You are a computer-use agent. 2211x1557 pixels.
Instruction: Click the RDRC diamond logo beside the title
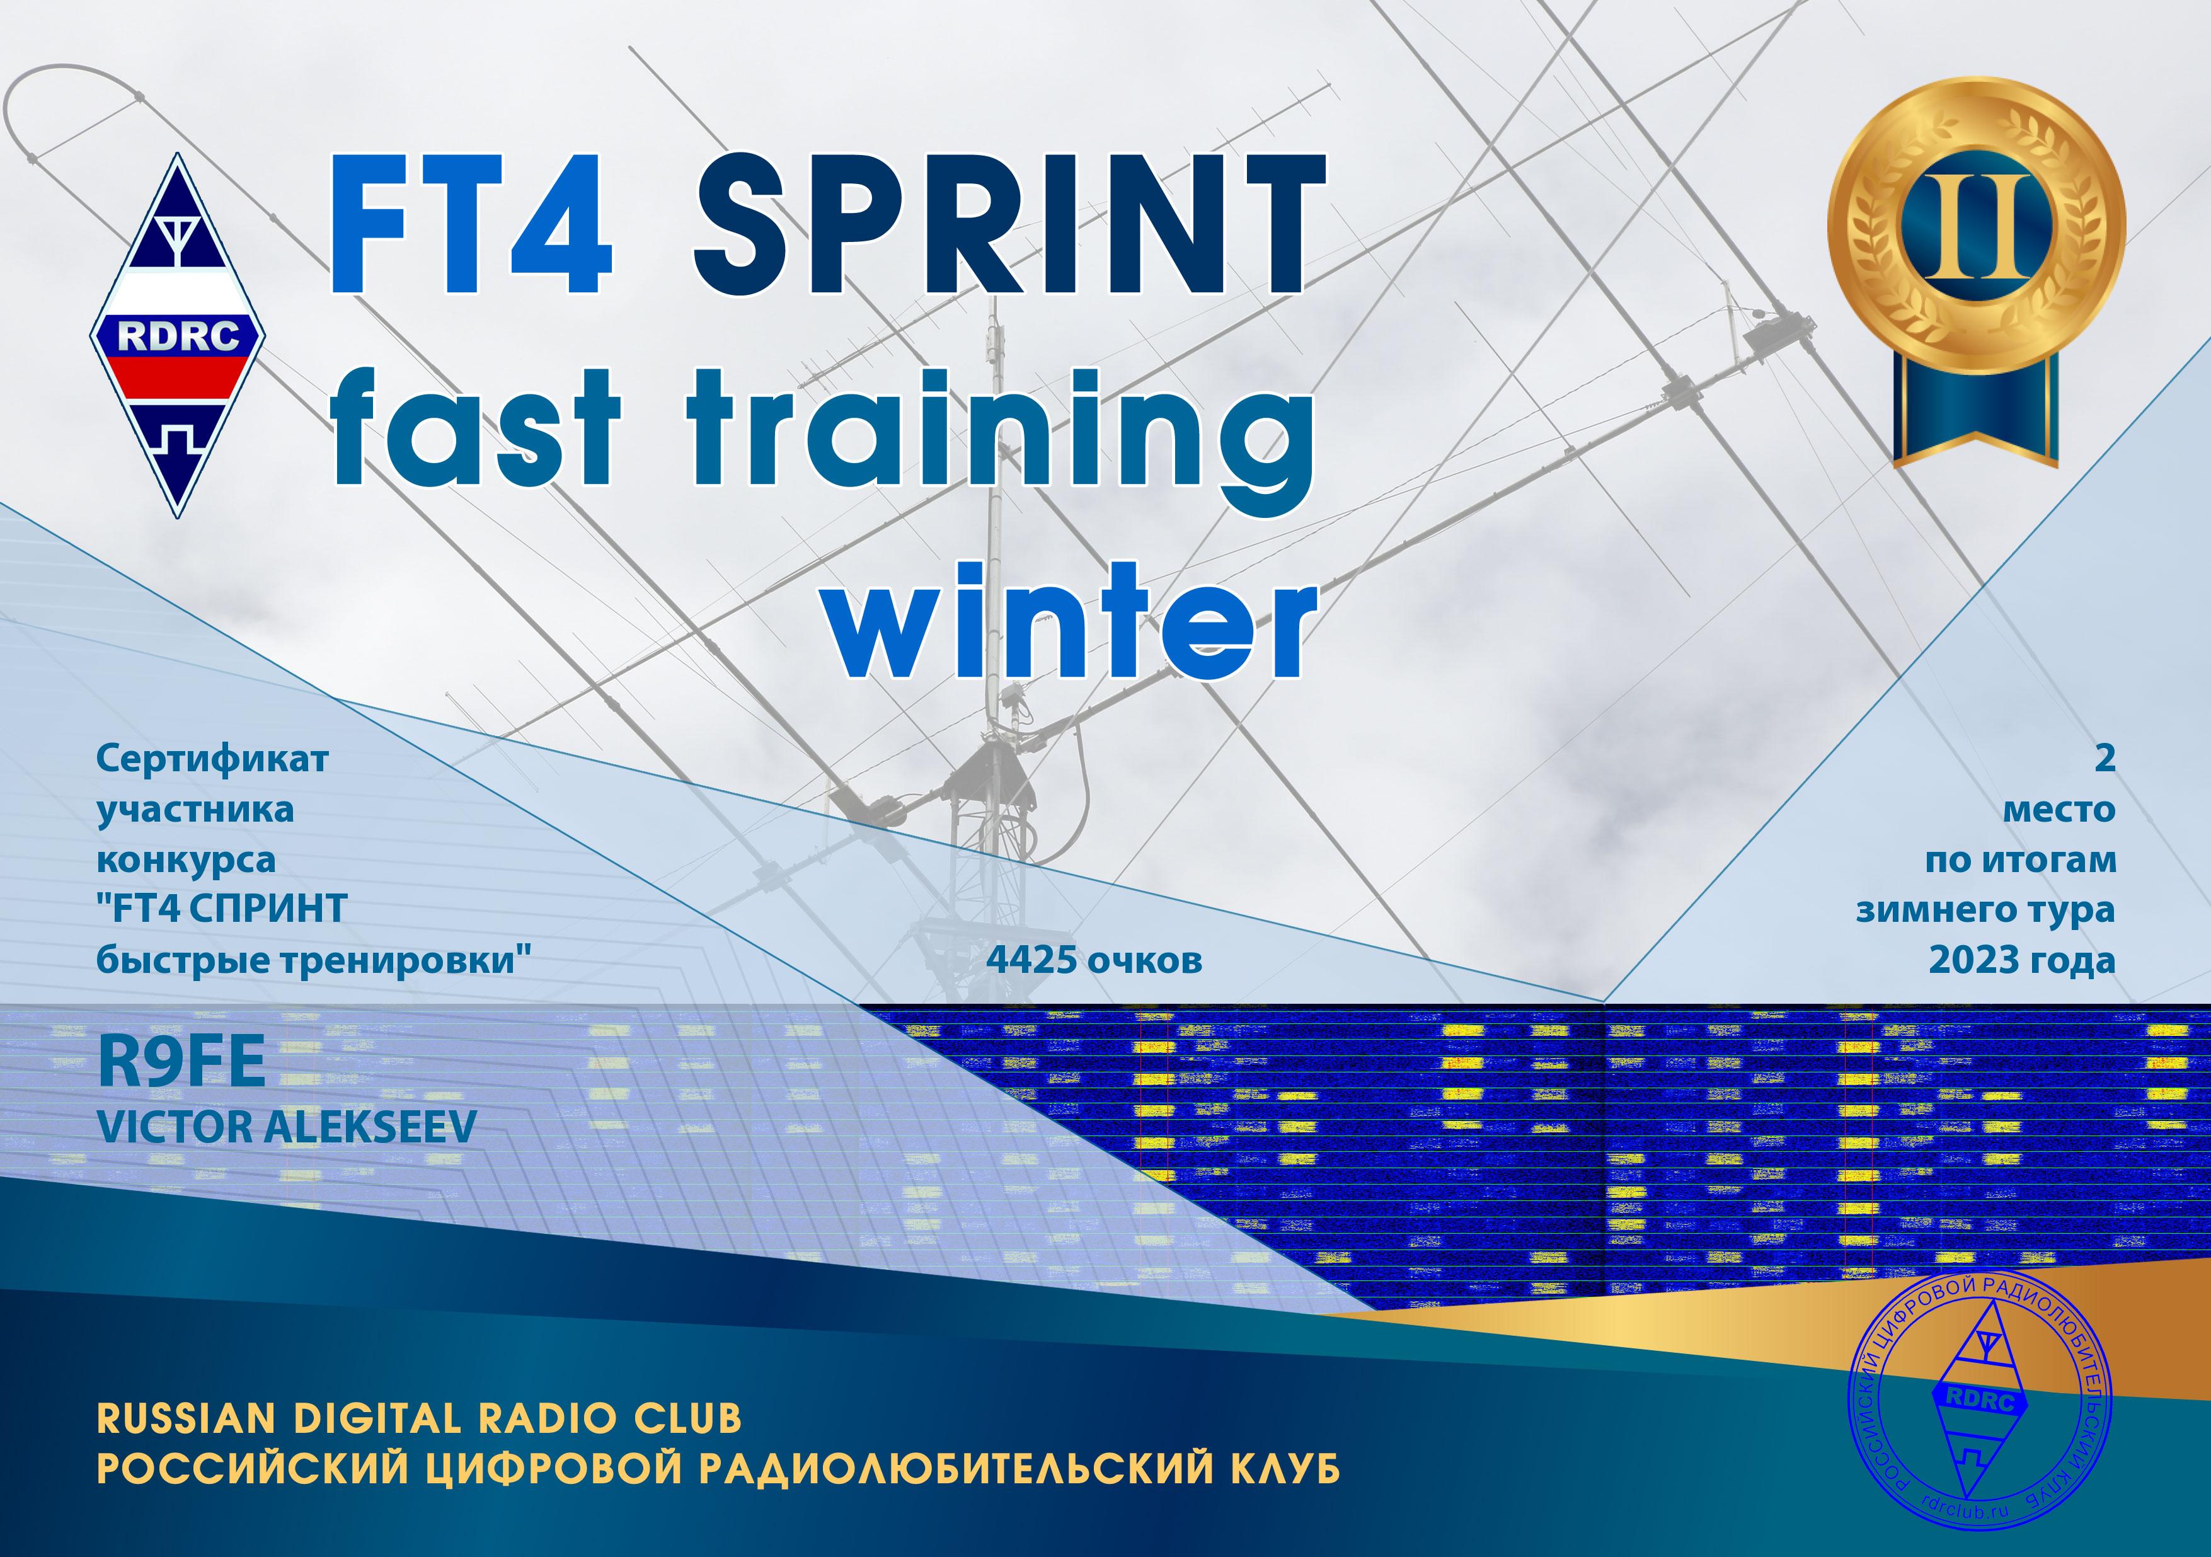pos(179,335)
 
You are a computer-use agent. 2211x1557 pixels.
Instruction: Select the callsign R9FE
pos(182,1063)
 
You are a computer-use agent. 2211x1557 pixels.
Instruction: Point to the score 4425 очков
pos(1094,960)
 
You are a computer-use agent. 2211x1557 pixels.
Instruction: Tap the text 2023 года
pos(2021,960)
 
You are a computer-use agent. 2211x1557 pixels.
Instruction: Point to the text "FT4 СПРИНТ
pos(222,909)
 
